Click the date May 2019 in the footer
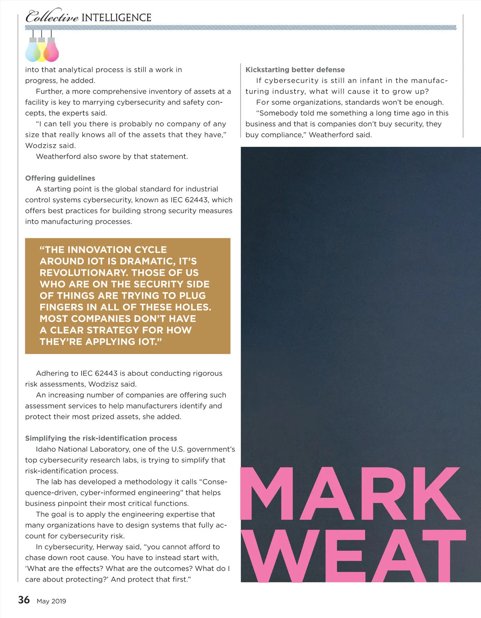51,601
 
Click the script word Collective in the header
52,17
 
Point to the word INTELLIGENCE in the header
116,18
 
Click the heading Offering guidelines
60,178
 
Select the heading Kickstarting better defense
295,70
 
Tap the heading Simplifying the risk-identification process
101,438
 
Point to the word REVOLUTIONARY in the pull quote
82,273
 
